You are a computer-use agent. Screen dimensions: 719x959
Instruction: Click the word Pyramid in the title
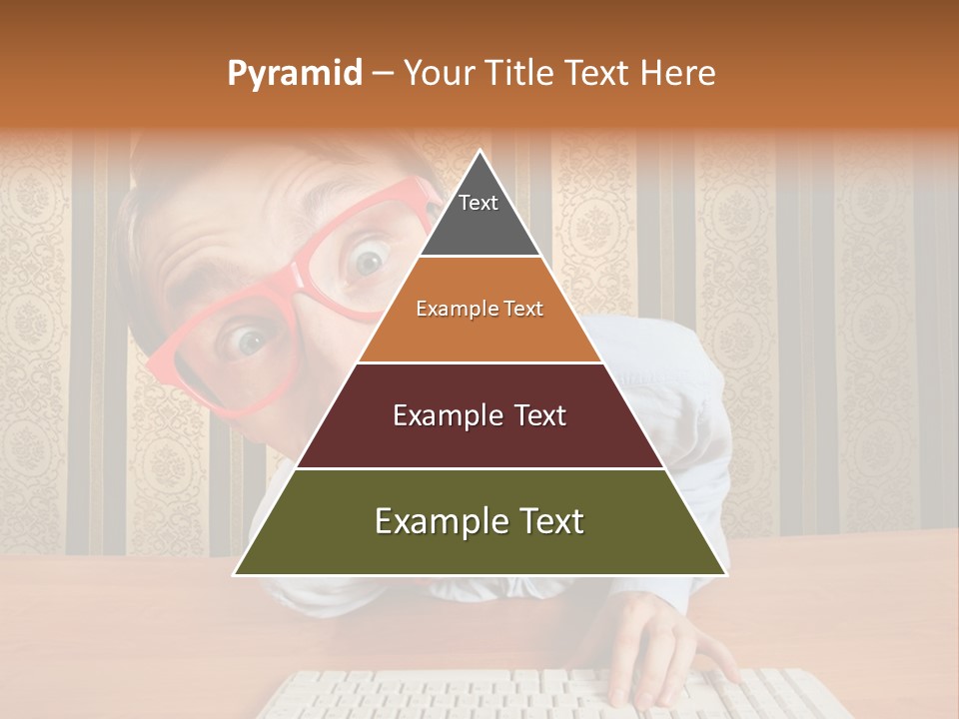pos(295,74)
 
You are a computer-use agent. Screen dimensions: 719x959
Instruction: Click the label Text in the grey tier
pos(479,203)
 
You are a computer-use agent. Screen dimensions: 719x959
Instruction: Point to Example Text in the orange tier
pos(479,310)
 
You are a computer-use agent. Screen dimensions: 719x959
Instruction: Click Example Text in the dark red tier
pos(479,415)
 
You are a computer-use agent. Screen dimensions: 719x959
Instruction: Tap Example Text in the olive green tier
pos(479,521)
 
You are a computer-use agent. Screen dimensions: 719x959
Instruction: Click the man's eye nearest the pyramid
pos(369,263)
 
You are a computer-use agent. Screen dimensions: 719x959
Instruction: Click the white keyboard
pos(450,694)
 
